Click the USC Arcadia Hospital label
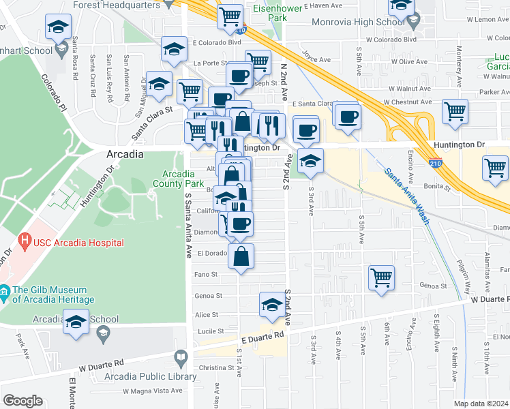pyautogui.click(x=79, y=243)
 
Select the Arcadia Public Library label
pyautogui.click(x=147, y=377)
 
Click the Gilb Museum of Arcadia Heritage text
pyautogui.click(x=52, y=294)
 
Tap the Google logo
pyautogui.click(x=22, y=401)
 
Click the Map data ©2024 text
pyautogui.click(x=481, y=404)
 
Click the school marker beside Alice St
pyautogui.click(x=271, y=305)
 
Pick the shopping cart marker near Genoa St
pyautogui.click(x=382, y=277)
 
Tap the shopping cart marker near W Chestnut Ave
pyautogui.click(x=455, y=110)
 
